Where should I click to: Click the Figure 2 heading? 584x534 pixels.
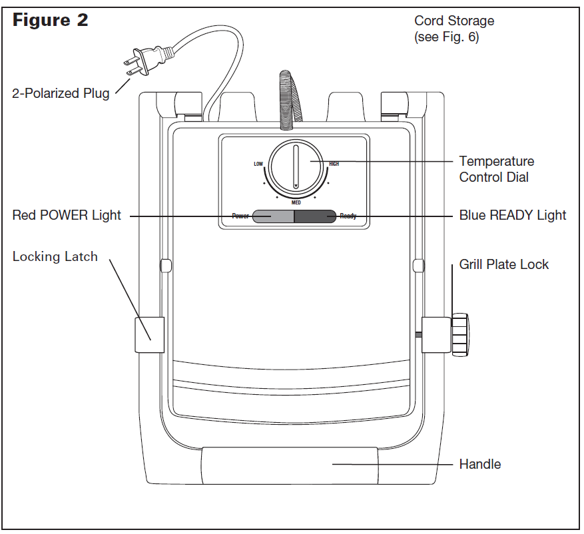pos(51,21)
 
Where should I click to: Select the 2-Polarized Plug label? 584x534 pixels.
pos(61,93)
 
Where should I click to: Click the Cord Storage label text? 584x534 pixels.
pos(453,29)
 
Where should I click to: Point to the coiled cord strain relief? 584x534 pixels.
pos(286,97)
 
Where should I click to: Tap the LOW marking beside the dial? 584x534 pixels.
pos(258,164)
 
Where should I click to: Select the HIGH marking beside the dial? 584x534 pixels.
pos(334,164)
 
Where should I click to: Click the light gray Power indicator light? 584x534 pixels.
pos(273,216)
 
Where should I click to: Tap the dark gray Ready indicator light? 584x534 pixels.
pos(315,216)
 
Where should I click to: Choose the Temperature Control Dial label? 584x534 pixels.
pos(496,169)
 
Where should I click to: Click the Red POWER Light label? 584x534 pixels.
pos(67,215)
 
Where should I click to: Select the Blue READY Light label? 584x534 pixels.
pos(513,215)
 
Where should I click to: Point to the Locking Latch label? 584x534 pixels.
pos(55,257)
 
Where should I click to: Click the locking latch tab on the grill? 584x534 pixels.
pos(149,334)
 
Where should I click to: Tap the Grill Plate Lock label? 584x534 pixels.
pos(504,264)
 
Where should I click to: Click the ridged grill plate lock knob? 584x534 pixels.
pos(460,334)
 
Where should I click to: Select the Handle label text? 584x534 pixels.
pos(480,464)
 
